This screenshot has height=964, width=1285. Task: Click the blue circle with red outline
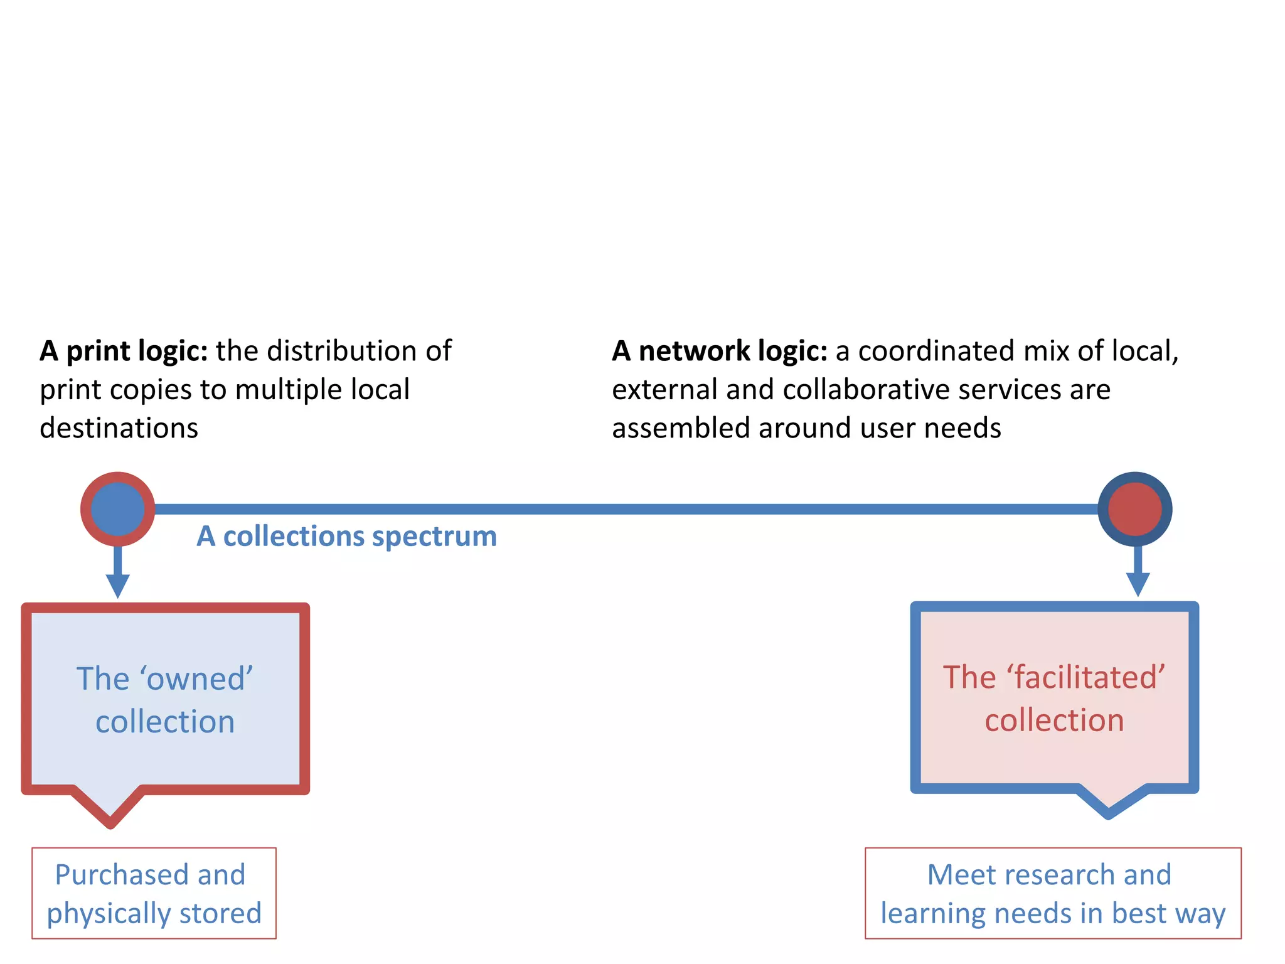tap(117, 509)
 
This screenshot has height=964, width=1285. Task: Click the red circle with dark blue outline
tap(1134, 509)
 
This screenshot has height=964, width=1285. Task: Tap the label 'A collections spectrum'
tap(346, 537)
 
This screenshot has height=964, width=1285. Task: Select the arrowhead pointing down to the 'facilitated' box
tap(1138, 584)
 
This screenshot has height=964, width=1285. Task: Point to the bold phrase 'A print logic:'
tap(124, 351)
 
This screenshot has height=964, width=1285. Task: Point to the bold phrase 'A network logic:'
tap(720, 351)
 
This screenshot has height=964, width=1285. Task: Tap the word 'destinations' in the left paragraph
tap(119, 429)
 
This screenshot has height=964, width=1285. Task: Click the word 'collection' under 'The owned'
tap(165, 722)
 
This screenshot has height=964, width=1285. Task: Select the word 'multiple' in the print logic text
tap(288, 390)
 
